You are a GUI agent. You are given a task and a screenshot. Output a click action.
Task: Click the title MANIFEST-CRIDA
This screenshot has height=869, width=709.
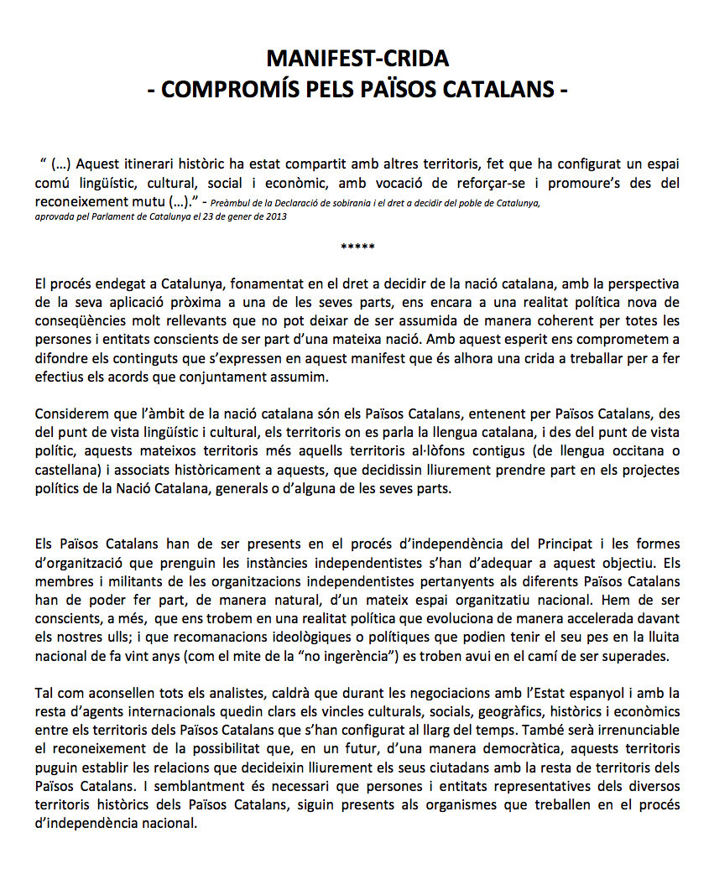coord(357,59)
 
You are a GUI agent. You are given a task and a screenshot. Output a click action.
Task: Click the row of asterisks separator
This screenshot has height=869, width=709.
coord(357,247)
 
